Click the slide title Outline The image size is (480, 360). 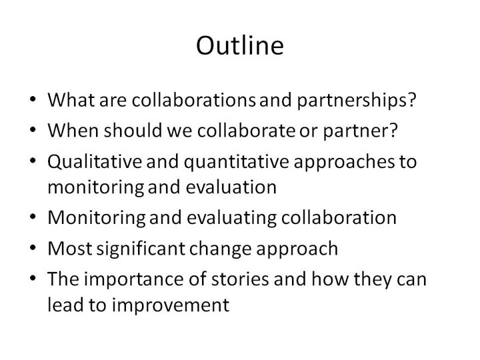point(240,45)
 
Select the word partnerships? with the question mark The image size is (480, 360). point(357,101)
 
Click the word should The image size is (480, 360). point(133,130)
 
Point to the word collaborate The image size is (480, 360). point(246,130)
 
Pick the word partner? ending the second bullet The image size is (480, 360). point(360,131)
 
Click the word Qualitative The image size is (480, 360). point(95,161)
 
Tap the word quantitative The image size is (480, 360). point(236,162)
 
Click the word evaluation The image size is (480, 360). point(231,187)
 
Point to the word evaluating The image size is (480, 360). point(232,218)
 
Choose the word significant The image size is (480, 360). point(141,249)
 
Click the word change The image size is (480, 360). point(221,249)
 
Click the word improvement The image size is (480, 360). point(171,305)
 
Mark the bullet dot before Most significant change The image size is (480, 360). point(33,247)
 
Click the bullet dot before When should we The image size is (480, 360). point(33,129)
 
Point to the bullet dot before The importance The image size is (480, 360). point(33,278)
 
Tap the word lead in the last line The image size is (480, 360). point(65,305)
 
